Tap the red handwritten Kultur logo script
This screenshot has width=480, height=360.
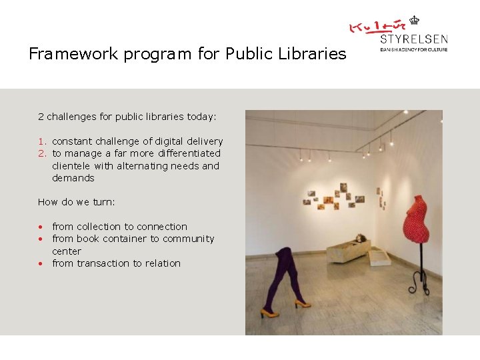coord(377,27)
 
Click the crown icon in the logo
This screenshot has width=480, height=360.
coord(414,21)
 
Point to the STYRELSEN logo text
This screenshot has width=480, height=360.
coord(413,39)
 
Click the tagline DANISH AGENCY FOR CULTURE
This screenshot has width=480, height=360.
coord(413,49)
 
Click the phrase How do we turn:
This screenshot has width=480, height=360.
coord(77,202)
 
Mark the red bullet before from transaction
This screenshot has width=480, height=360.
coord(41,263)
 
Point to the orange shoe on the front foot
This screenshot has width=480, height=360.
coord(266,313)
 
